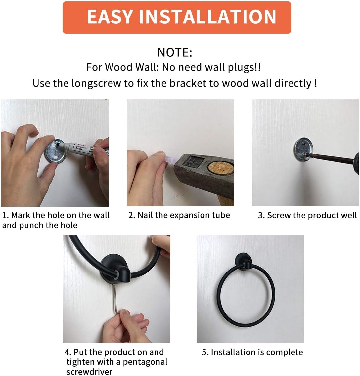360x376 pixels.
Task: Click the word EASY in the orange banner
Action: pos(110,17)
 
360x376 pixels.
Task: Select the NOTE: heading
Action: pos(175,52)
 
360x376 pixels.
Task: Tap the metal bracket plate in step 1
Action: pos(56,151)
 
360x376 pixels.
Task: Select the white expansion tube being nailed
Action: pos(171,159)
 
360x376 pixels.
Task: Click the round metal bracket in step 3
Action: pos(303,149)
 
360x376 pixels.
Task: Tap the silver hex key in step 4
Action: pos(116,299)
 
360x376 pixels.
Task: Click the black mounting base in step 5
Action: pos(243,261)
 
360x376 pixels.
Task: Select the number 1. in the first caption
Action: pos(6,215)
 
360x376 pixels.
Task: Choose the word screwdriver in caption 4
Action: pos(90,372)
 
